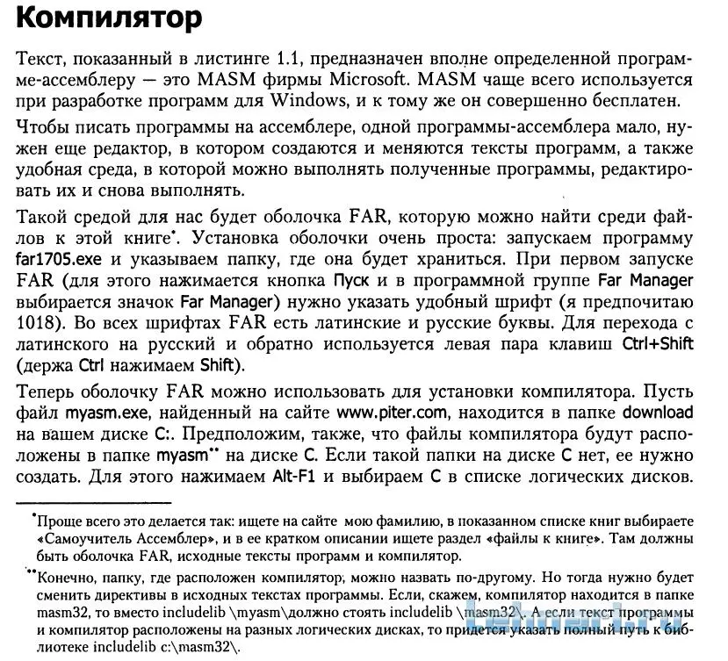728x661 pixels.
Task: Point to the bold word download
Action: (658, 413)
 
